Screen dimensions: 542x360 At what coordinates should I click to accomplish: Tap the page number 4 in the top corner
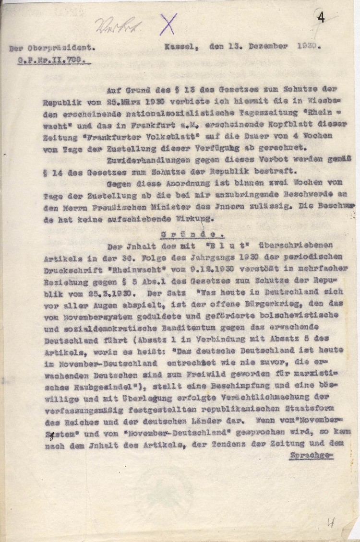(x=320, y=18)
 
